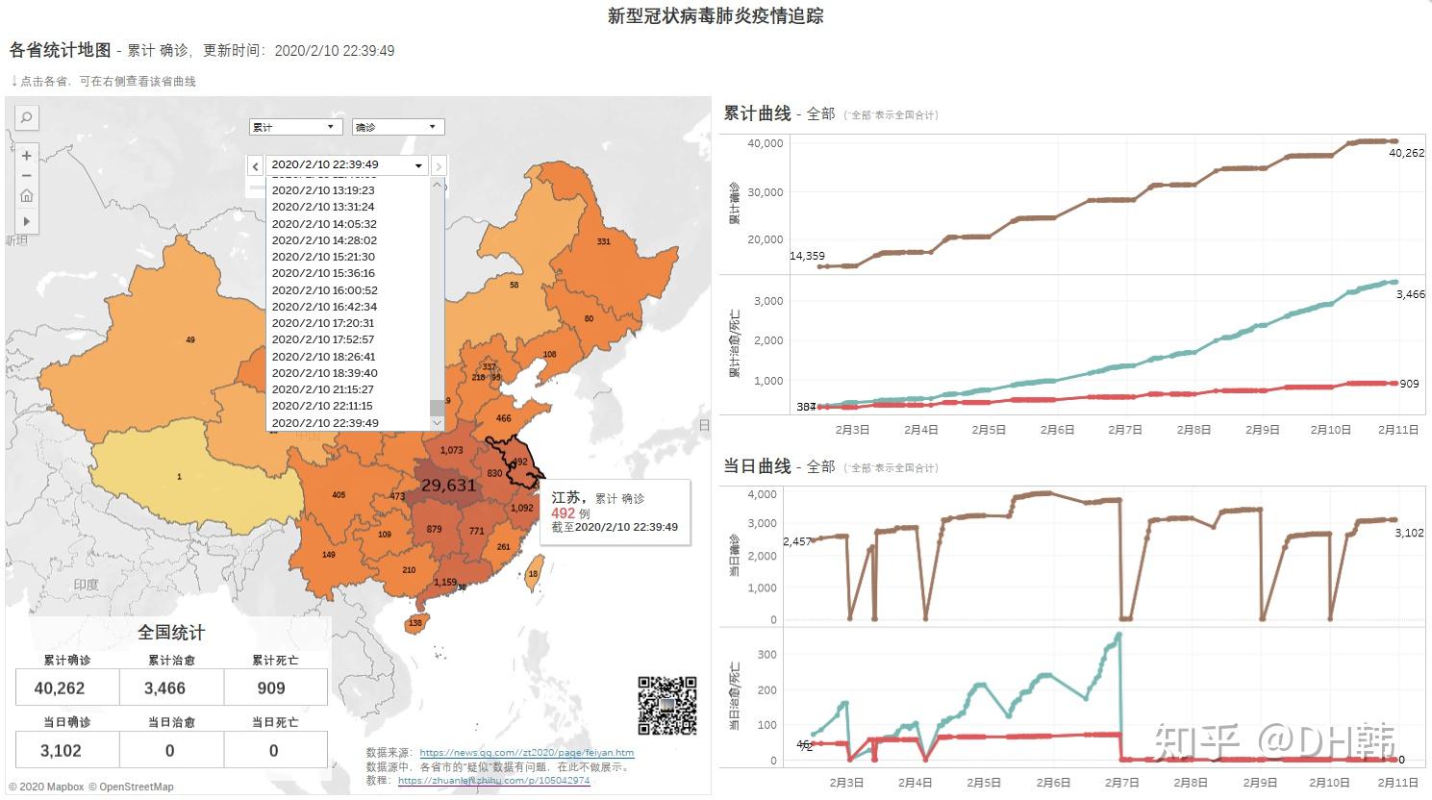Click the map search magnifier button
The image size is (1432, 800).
(x=27, y=117)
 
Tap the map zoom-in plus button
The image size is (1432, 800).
(x=27, y=156)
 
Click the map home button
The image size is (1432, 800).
(x=27, y=196)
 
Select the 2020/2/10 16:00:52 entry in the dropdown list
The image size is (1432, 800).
(x=324, y=290)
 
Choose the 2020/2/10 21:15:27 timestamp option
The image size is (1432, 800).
(x=322, y=389)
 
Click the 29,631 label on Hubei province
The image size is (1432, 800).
(x=448, y=486)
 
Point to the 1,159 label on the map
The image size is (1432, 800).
(x=445, y=582)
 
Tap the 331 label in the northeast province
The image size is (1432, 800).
(x=603, y=241)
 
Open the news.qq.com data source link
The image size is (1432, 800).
(x=526, y=753)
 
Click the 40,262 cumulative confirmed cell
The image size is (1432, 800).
(x=60, y=688)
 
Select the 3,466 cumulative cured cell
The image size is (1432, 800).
(x=165, y=688)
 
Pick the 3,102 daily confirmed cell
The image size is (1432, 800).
(x=62, y=751)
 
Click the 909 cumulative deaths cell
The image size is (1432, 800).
(x=271, y=688)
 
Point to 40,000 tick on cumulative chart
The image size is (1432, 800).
(x=766, y=143)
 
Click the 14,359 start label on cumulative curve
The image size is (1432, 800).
(x=807, y=256)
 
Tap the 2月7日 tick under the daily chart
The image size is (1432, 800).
(x=1121, y=783)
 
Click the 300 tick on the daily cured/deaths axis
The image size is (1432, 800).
(x=767, y=655)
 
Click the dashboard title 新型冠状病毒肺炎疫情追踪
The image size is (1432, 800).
(x=716, y=15)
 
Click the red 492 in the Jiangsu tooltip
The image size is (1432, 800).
(x=563, y=513)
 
